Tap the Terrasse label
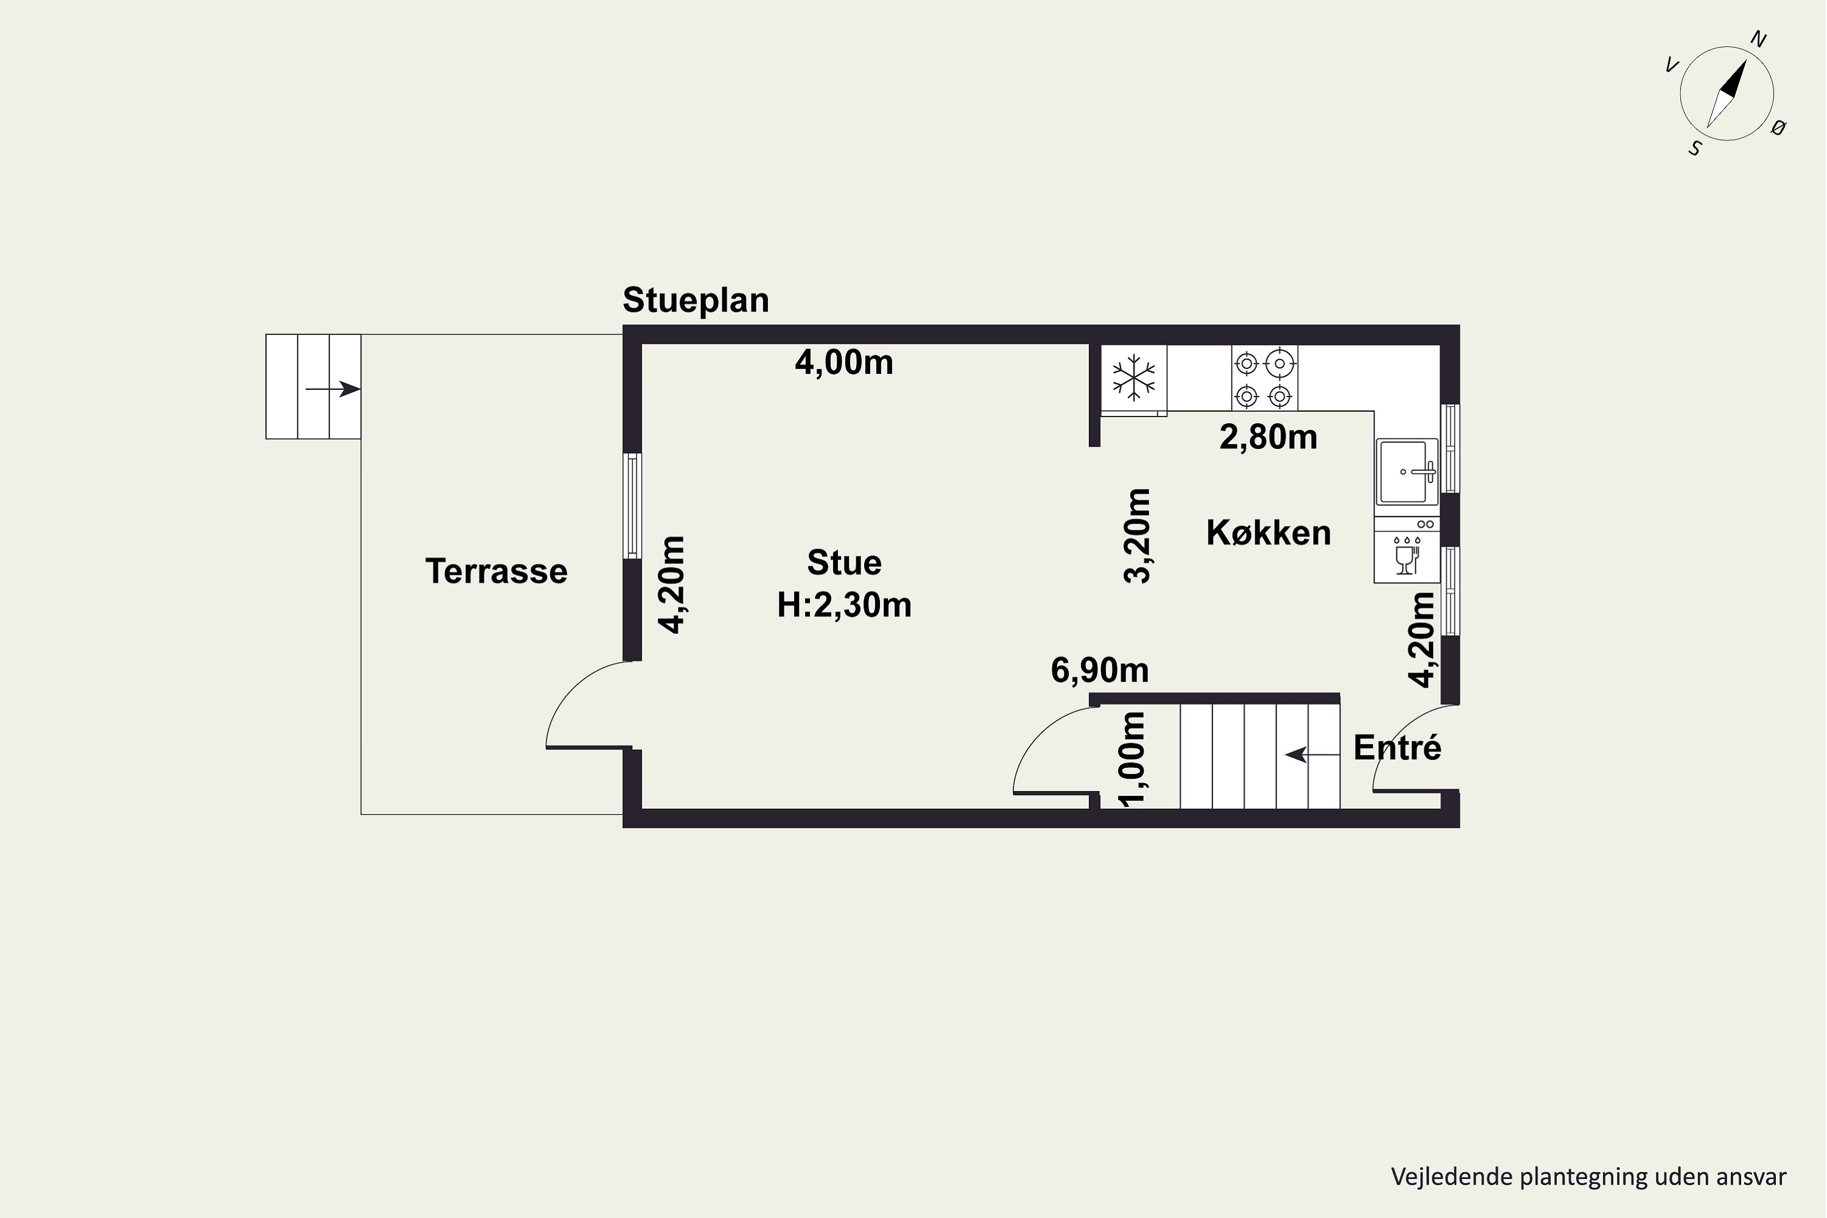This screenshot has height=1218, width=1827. pyautogui.click(x=496, y=572)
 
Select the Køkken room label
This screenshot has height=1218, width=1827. pyautogui.click(x=1269, y=532)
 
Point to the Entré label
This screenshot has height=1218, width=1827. pyautogui.click(x=1398, y=747)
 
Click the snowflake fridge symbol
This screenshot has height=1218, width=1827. pyautogui.click(x=1134, y=378)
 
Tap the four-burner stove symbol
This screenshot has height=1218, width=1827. pyautogui.click(x=1264, y=378)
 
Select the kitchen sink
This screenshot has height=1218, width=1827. pyautogui.click(x=1407, y=471)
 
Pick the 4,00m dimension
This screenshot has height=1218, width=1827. pyautogui.click(x=844, y=363)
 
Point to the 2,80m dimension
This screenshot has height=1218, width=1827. pyautogui.click(x=1269, y=437)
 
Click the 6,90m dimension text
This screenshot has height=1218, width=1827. pyautogui.click(x=1100, y=669)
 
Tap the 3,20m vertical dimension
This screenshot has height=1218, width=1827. pyautogui.click(x=1137, y=536)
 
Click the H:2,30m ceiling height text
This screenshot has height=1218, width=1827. pyautogui.click(x=844, y=604)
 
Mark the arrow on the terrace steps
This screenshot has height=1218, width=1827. pyautogui.click(x=333, y=389)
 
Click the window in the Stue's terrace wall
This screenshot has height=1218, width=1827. pyautogui.click(x=633, y=505)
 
